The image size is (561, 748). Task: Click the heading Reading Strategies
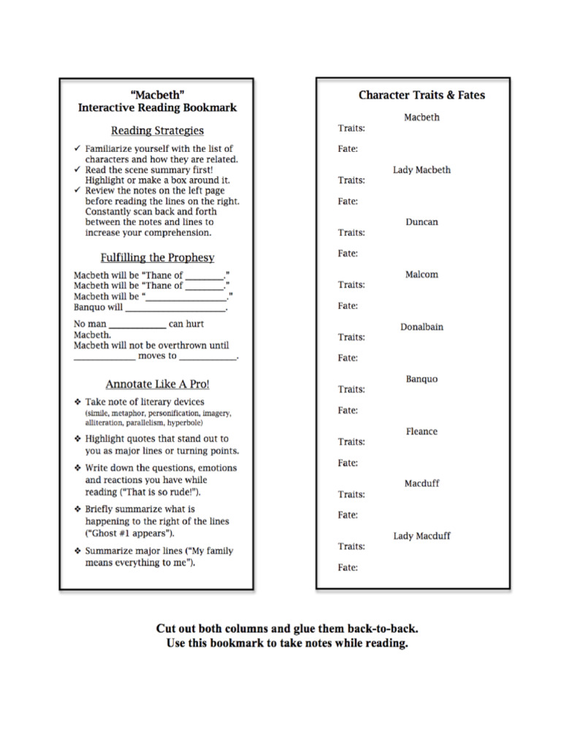[x=157, y=131]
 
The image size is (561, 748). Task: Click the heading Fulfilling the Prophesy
[x=157, y=257]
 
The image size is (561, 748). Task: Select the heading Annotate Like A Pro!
[x=157, y=383]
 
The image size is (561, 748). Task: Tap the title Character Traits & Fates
[x=421, y=95]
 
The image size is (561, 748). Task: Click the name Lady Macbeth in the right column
[x=421, y=170]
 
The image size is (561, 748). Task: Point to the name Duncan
[x=421, y=222]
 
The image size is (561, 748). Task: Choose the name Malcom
[x=421, y=275]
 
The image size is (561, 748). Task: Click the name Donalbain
[x=421, y=327]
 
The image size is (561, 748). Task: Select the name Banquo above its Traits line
[x=421, y=379]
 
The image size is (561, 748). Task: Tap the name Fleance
[x=421, y=432]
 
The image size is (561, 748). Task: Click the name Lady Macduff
[x=421, y=536]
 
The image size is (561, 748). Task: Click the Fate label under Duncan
[x=348, y=253]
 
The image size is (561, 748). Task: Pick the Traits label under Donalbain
[x=351, y=337]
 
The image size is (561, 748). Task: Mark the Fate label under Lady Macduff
[x=348, y=568]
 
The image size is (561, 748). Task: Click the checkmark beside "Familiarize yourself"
[x=77, y=148]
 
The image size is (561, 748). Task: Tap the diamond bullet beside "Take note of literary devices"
[x=77, y=402]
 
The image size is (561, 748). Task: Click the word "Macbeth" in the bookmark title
[x=157, y=94]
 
